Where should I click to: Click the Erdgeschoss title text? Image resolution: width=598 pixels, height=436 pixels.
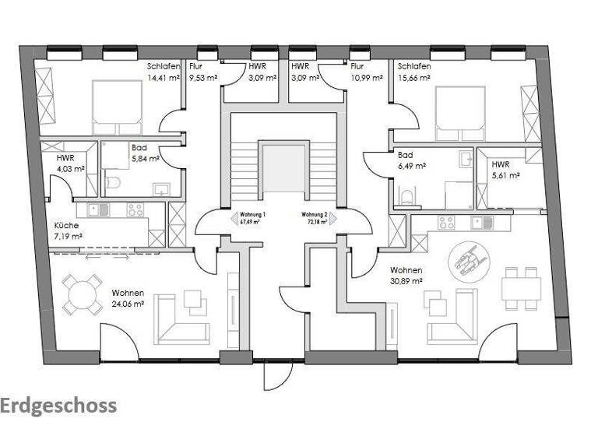(58, 406)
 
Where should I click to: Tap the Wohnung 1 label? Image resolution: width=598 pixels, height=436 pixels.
(253, 214)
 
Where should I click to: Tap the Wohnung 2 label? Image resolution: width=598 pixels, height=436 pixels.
(315, 214)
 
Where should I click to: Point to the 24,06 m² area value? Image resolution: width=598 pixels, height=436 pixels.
(128, 304)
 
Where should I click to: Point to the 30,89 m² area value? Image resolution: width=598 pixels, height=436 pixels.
(406, 281)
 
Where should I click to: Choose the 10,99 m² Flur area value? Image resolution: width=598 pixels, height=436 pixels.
(366, 78)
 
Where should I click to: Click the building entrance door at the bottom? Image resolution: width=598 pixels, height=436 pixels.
(275, 376)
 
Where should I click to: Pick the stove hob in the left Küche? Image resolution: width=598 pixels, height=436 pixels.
(135, 209)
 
